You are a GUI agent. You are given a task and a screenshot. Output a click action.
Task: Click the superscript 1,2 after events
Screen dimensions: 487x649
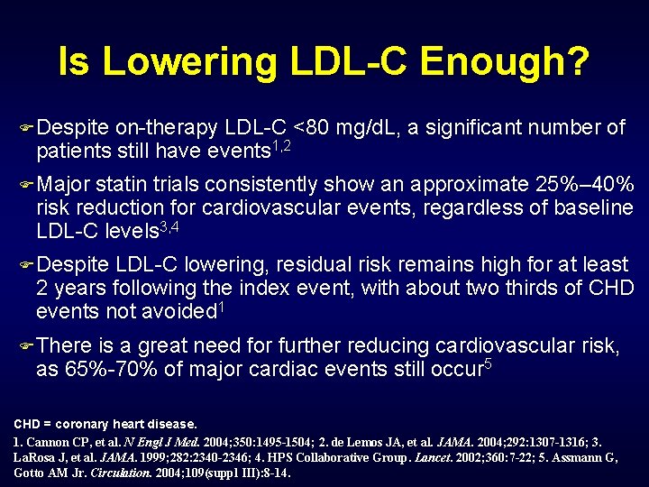click(x=287, y=146)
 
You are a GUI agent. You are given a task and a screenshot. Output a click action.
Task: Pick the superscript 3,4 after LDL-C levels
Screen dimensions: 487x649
click(x=169, y=226)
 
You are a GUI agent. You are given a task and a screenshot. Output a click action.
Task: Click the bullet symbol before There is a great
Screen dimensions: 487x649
click(x=26, y=345)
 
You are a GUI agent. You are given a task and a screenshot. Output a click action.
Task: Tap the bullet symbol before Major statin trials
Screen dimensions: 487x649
click(x=26, y=185)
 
